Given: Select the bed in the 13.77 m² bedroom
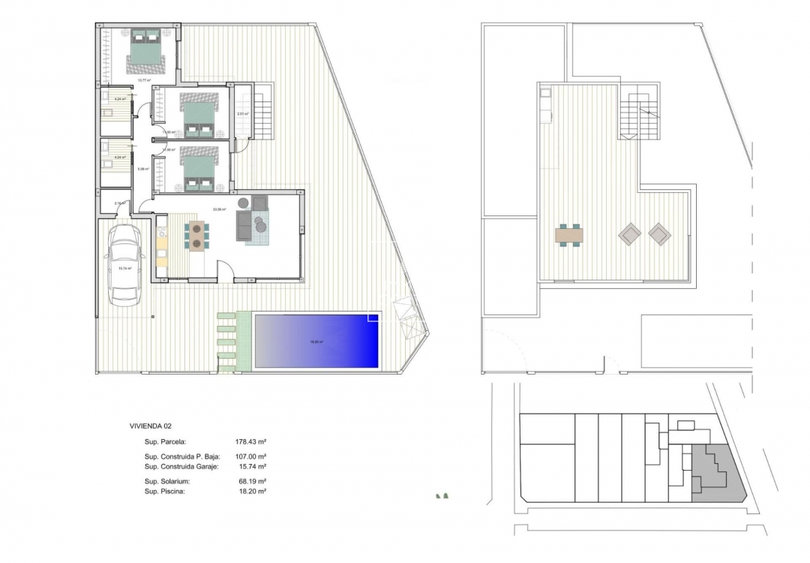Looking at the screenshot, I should tap(144, 50).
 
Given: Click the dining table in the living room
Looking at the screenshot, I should tap(196, 235).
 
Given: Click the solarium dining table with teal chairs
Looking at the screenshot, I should tap(569, 235).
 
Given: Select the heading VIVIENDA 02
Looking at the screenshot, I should tap(150, 426).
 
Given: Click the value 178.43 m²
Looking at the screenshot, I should tap(252, 442).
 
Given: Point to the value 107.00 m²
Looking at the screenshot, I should tap(252, 456).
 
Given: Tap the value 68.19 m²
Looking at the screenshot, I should tap(253, 481).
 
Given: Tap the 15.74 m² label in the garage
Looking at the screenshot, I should tap(125, 268).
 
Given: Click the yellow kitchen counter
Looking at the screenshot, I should tap(161, 244).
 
